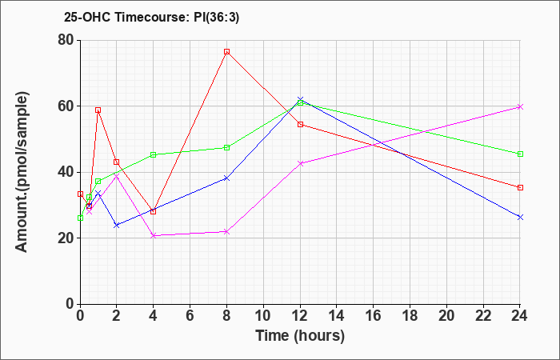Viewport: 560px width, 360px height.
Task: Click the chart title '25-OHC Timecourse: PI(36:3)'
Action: (x=139, y=16)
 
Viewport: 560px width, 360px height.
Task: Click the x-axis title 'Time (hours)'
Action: (x=300, y=336)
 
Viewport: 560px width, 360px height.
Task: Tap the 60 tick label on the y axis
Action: (x=64, y=106)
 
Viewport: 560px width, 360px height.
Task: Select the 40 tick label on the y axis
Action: (x=64, y=172)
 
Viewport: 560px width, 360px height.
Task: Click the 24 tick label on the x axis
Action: (x=520, y=316)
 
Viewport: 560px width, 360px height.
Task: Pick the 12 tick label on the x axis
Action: (x=300, y=316)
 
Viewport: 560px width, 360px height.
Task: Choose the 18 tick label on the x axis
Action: (x=410, y=316)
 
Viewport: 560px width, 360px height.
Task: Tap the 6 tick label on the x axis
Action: (x=190, y=316)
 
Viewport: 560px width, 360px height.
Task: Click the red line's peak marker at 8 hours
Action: (x=227, y=52)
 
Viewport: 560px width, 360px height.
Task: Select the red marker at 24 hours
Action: (x=520, y=187)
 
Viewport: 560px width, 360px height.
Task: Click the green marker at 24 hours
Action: (x=520, y=154)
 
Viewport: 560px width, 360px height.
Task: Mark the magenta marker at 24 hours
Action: (x=520, y=106)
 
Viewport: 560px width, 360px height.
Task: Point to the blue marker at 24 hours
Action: (x=520, y=217)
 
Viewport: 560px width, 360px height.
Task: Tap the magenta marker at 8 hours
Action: (x=227, y=231)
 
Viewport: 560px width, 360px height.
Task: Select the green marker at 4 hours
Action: (x=153, y=154)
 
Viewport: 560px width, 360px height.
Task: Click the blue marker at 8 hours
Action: (x=227, y=178)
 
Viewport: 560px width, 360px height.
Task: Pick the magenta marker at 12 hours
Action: (x=300, y=163)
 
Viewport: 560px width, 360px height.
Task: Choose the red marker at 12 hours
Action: (x=300, y=124)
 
